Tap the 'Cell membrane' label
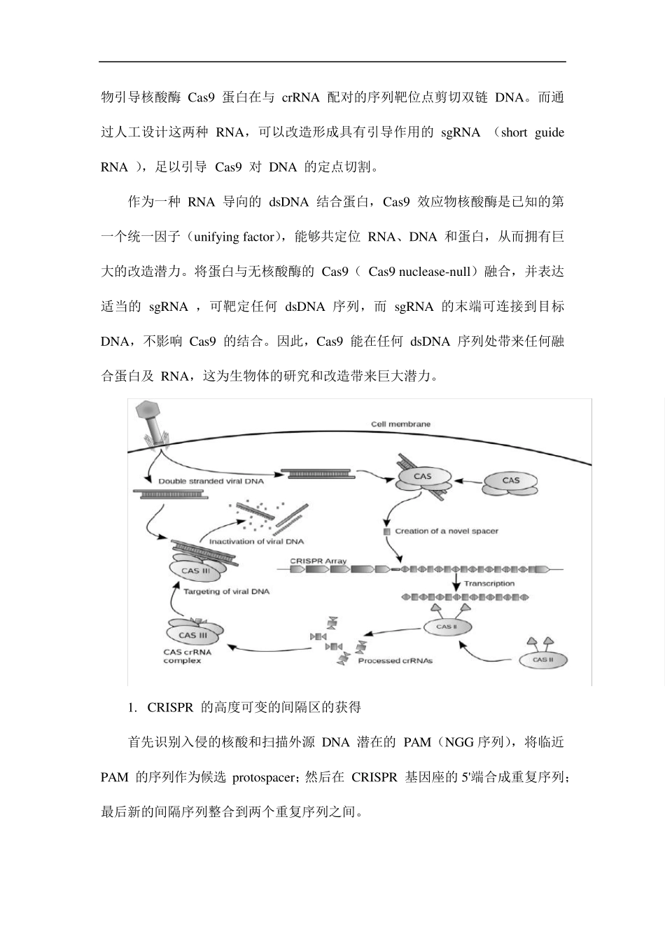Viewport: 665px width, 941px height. [400, 424]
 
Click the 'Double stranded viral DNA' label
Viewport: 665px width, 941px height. [211, 481]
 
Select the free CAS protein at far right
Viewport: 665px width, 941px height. [511, 481]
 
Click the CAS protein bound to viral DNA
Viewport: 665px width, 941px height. [422, 478]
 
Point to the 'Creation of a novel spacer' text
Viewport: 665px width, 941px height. [447, 531]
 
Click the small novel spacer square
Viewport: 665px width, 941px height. [386, 532]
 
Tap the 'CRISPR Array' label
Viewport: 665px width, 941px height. [318, 561]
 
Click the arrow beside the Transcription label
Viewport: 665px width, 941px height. [456, 583]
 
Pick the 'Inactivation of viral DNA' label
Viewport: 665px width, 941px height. [256, 541]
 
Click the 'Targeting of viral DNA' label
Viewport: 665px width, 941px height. [226, 592]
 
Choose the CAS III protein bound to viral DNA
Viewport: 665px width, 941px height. [196, 571]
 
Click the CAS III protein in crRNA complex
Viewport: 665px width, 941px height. [193, 635]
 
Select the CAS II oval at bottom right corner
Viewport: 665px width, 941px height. [540, 659]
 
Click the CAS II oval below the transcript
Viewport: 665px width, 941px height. [446, 627]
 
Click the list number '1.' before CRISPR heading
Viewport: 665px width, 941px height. [132, 707]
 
